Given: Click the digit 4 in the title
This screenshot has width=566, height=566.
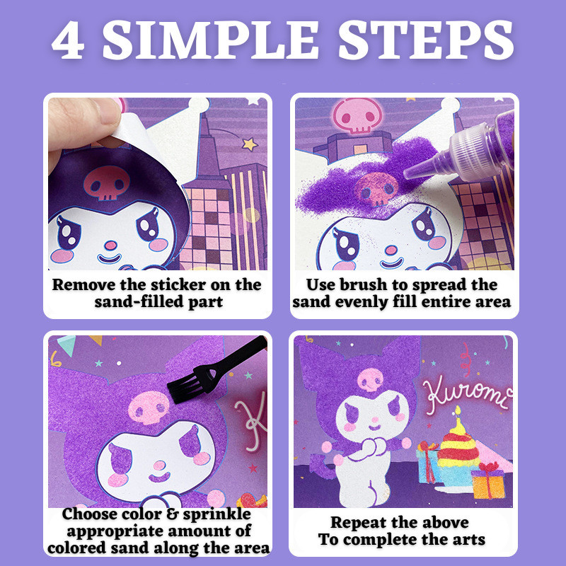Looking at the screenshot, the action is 69,40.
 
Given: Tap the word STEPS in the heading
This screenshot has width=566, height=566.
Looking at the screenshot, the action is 426,40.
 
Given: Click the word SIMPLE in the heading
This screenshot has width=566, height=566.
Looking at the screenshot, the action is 210,40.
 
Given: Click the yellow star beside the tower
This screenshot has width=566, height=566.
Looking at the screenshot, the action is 250,144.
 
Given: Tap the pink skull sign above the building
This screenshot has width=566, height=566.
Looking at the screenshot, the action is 357,115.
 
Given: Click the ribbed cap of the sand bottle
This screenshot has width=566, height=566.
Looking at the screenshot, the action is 469,151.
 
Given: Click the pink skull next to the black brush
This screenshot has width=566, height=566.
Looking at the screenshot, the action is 149,408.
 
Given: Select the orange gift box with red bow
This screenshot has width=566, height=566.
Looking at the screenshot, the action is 488,481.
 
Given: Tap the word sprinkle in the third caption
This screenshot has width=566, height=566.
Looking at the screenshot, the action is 216,514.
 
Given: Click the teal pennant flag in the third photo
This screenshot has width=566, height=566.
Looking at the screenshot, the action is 67,344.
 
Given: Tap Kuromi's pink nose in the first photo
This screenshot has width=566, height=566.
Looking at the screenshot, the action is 111,246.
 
